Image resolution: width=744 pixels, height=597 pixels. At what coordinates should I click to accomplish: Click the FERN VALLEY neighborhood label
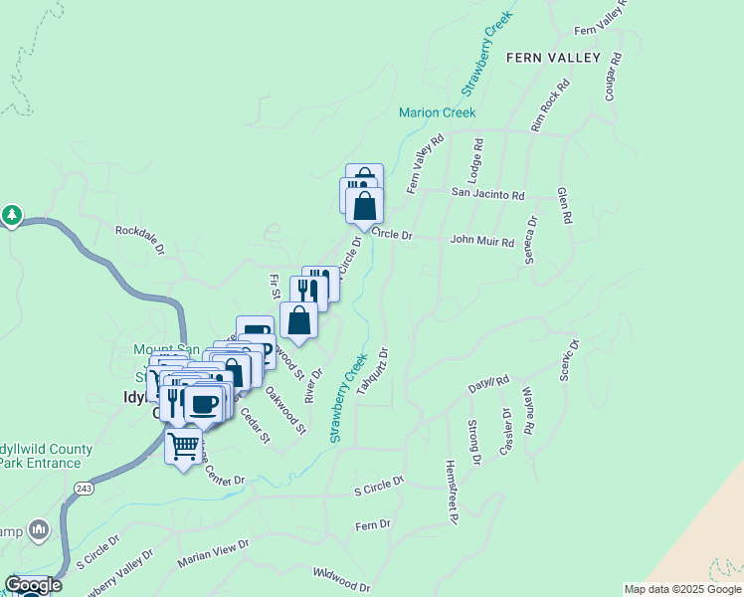(553, 58)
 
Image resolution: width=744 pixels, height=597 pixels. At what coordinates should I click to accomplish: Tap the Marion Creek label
(438, 112)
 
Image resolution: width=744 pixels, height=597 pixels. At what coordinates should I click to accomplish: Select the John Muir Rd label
(481, 241)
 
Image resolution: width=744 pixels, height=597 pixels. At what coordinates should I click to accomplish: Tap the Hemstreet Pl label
(451, 492)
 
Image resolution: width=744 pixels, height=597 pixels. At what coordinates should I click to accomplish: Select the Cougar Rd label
(613, 77)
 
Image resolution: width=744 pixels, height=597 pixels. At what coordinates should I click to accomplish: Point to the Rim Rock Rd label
(549, 106)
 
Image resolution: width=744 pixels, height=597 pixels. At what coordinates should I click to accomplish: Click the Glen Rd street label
(565, 206)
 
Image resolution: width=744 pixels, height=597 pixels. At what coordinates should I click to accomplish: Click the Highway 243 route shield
(84, 488)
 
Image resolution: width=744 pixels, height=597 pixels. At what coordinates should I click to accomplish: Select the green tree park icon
(12, 215)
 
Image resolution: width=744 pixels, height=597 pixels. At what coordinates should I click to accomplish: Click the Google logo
(33, 585)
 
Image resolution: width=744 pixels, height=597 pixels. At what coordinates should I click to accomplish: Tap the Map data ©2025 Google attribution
(682, 589)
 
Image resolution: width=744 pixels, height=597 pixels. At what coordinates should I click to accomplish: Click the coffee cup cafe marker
(203, 404)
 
